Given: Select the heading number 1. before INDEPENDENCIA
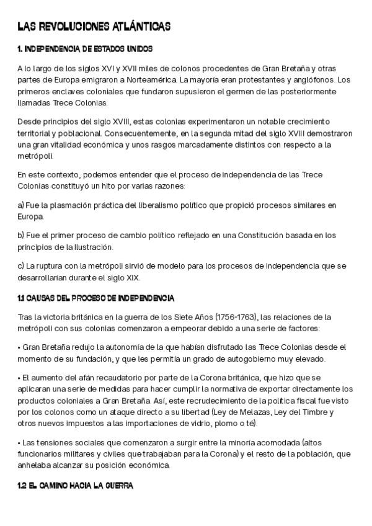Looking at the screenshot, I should [20, 48].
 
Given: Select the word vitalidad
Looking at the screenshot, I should [72, 145].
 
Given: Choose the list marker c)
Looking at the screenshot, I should [20, 266].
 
